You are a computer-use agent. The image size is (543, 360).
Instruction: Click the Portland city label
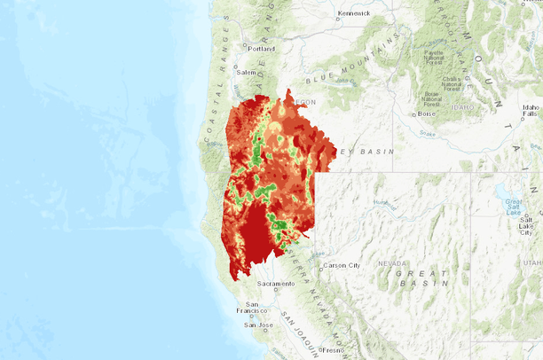(x=262, y=49)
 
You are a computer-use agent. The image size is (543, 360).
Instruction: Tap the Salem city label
(x=246, y=72)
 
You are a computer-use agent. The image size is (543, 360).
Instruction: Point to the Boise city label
(x=428, y=113)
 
